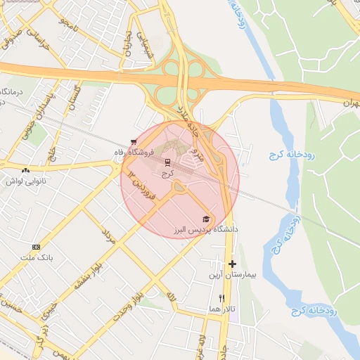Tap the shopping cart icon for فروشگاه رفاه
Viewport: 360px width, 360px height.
click(134, 141)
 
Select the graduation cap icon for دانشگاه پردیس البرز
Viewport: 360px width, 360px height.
click(205, 219)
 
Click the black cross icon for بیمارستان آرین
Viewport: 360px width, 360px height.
click(232, 264)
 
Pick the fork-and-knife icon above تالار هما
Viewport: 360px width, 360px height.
click(222, 298)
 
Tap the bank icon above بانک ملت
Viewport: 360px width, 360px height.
click(36, 247)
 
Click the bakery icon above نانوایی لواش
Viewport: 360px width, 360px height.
click(26, 170)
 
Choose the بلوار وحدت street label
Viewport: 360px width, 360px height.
click(131, 303)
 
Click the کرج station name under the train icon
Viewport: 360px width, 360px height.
click(167, 173)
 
